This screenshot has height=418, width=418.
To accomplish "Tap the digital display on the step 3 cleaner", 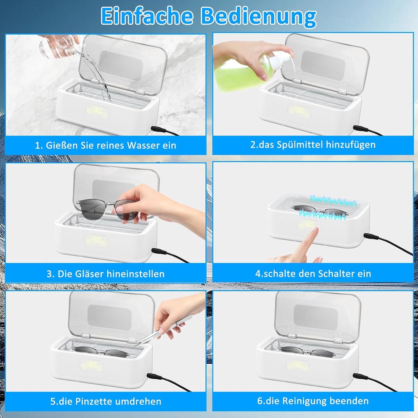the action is [x=97, y=240].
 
